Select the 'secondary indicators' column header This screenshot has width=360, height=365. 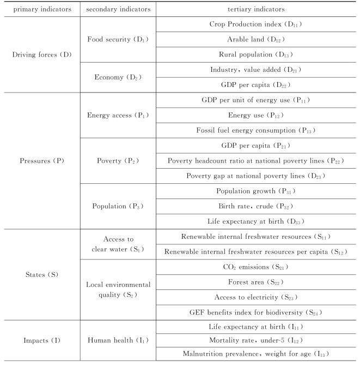coord(118,9)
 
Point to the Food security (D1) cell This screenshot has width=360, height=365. coord(118,39)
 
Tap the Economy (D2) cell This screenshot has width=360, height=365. coord(118,77)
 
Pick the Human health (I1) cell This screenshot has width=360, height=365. coord(118,341)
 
